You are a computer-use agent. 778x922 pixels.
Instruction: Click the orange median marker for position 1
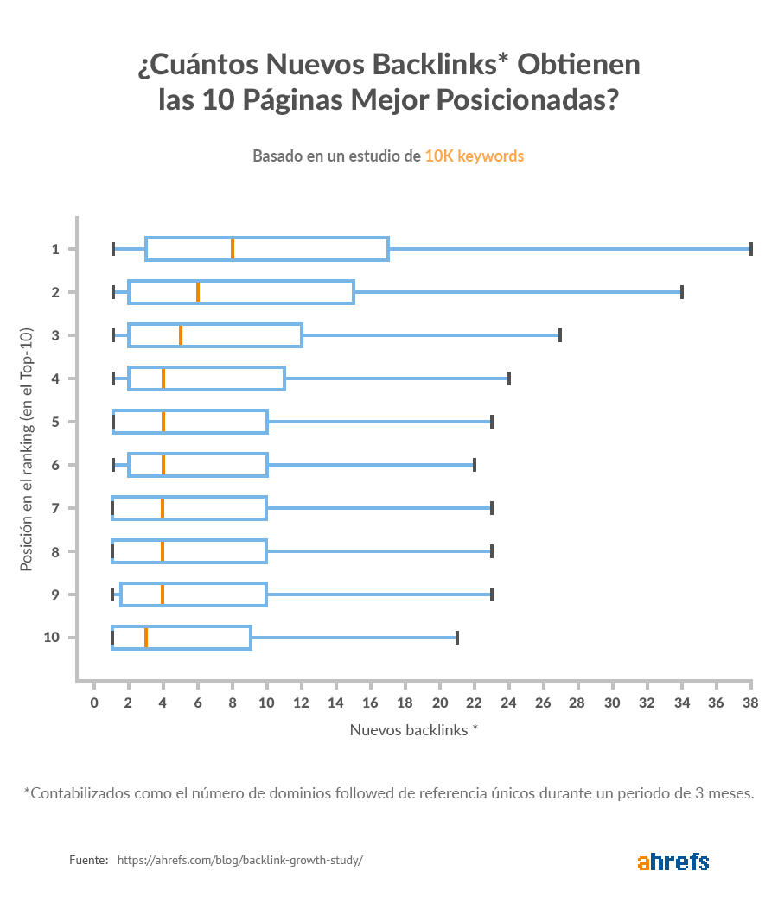pos(233,249)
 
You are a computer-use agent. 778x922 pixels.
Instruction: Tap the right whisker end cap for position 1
pos(751,249)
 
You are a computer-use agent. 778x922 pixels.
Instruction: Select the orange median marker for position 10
pos(146,638)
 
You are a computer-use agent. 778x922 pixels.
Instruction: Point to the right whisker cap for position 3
pos(560,335)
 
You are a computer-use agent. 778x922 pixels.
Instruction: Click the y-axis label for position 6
pos(54,465)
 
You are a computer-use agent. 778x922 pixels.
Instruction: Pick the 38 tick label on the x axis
pos(750,703)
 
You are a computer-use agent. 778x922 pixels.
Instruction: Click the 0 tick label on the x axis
pos(94,703)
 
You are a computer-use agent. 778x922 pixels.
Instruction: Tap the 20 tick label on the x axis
pos(439,703)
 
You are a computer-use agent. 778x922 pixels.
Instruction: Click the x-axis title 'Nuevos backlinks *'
pos(414,729)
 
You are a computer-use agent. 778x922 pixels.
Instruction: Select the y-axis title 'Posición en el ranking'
pos(27,449)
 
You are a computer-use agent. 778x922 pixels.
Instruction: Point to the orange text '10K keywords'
pos(474,156)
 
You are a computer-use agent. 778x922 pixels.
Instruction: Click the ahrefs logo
pos(673,862)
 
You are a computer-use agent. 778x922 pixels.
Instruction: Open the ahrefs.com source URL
pos(239,861)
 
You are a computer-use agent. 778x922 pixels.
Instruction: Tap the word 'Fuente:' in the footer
pos(88,861)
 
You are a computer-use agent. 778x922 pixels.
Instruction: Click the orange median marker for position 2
pos(198,292)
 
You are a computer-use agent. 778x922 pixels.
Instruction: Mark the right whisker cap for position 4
pos(509,378)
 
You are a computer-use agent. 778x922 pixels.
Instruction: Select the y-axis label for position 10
pos(52,638)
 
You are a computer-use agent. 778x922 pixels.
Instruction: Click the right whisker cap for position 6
pos(475,465)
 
